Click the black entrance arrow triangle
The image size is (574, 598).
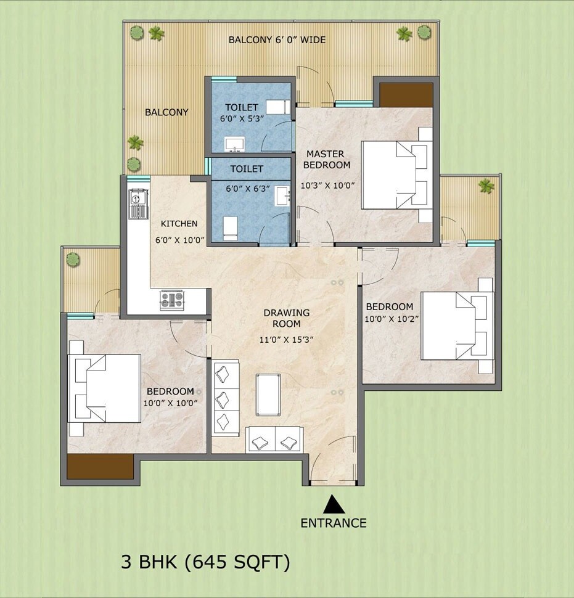[334, 505]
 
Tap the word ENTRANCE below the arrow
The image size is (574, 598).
[334, 523]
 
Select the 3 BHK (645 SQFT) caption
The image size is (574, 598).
[205, 562]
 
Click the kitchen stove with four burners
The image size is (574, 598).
[173, 300]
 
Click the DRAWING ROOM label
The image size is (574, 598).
[287, 318]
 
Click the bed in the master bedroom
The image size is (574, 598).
[395, 174]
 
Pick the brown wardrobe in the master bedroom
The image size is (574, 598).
[406, 95]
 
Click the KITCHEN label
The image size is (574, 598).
[179, 224]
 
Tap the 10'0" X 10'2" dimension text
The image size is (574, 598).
[390, 319]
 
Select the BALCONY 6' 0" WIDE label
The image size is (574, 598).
[277, 40]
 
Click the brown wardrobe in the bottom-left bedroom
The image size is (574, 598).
[100, 467]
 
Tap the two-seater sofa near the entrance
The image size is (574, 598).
[274, 440]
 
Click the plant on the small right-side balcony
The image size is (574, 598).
[486, 186]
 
